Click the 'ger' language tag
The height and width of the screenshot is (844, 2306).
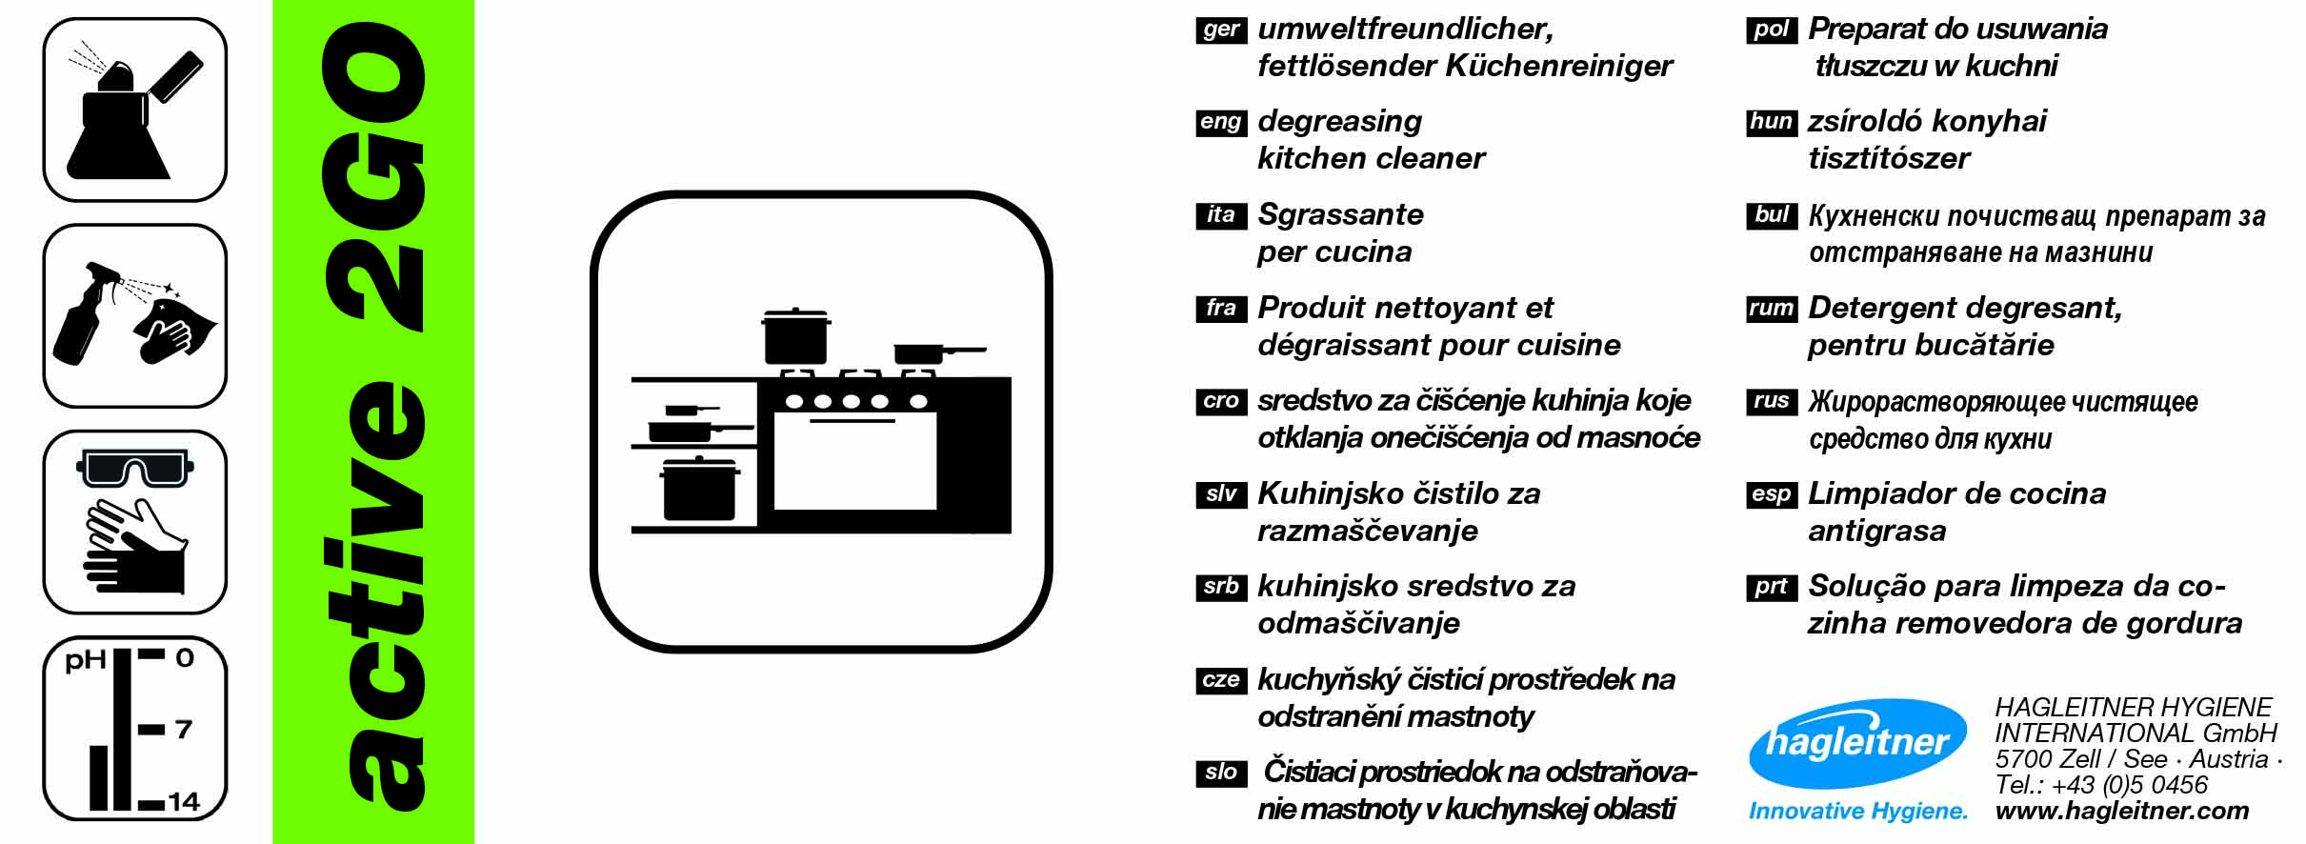[1220, 30]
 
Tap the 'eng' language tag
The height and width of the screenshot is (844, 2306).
[1220, 122]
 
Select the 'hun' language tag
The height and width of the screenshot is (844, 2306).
[1771, 122]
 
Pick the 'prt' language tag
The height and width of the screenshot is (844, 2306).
[1771, 587]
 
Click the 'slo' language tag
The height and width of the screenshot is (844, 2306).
[1220, 773]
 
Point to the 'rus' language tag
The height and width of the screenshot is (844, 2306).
[1771, 401]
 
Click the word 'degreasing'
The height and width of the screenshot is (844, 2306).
[1339, 122]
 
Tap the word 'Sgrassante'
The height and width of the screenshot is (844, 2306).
[1340, 214]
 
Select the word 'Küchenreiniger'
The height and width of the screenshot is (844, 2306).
[1559, 66]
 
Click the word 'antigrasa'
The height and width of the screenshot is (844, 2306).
[1876, 531]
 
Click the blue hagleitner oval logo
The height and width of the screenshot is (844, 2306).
[1857, 743]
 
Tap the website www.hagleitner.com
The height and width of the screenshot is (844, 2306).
[2122, 811]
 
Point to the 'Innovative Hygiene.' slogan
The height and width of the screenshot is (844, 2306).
[1857, 811]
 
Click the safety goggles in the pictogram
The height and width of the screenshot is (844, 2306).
[134, 470]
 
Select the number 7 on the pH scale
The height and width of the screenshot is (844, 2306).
[184, 730]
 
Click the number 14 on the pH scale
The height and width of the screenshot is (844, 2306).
[184, 802]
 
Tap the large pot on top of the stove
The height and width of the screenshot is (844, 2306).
[795, 337]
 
